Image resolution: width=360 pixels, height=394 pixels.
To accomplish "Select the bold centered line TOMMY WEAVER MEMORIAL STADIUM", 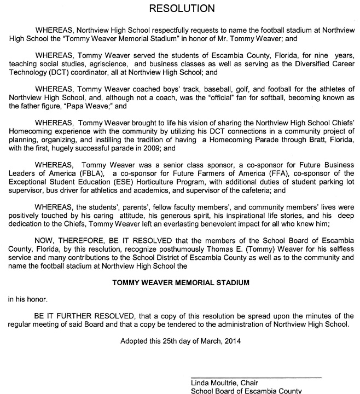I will tap(181, 283).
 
